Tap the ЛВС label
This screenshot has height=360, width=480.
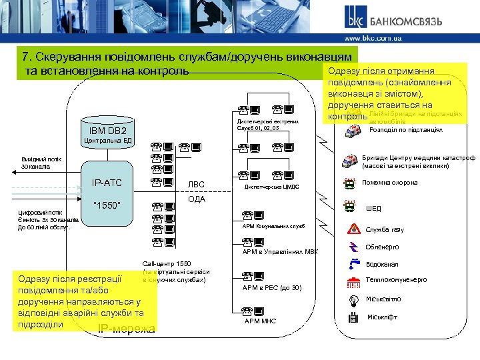click(x=197, y=185)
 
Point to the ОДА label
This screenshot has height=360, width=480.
click(x=197, y=199)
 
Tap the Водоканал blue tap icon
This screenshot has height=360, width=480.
click(x=352, y=264)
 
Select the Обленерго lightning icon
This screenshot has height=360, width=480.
click(x=352, y=247)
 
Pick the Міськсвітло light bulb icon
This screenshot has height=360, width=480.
click(x=352, y=299)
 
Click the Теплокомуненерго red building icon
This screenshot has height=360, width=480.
click(x=352, y=281)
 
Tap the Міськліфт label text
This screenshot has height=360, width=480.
click(x=382, y=317)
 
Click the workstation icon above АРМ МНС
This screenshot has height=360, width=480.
click(x=253, y=309)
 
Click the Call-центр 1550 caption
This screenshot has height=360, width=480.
click(x=162, y=264)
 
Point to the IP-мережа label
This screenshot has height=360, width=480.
click(x=127, y=328)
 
